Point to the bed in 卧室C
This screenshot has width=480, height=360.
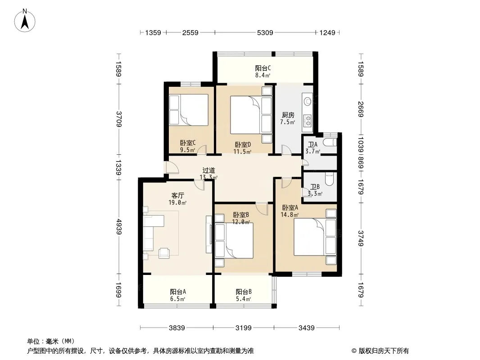(x=188, y=109)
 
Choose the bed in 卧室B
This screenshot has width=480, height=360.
(x=236, y=241)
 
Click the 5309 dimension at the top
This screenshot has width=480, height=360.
(x=264, y=33)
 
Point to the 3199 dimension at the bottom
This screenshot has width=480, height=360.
(x=244, y=328)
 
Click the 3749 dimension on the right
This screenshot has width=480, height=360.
(x=361, y=238)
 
